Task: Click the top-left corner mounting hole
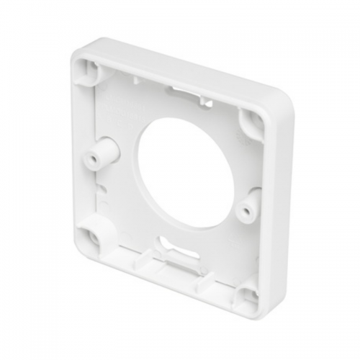click(x=89, y=68)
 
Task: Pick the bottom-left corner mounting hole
click(x=91, y=234)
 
